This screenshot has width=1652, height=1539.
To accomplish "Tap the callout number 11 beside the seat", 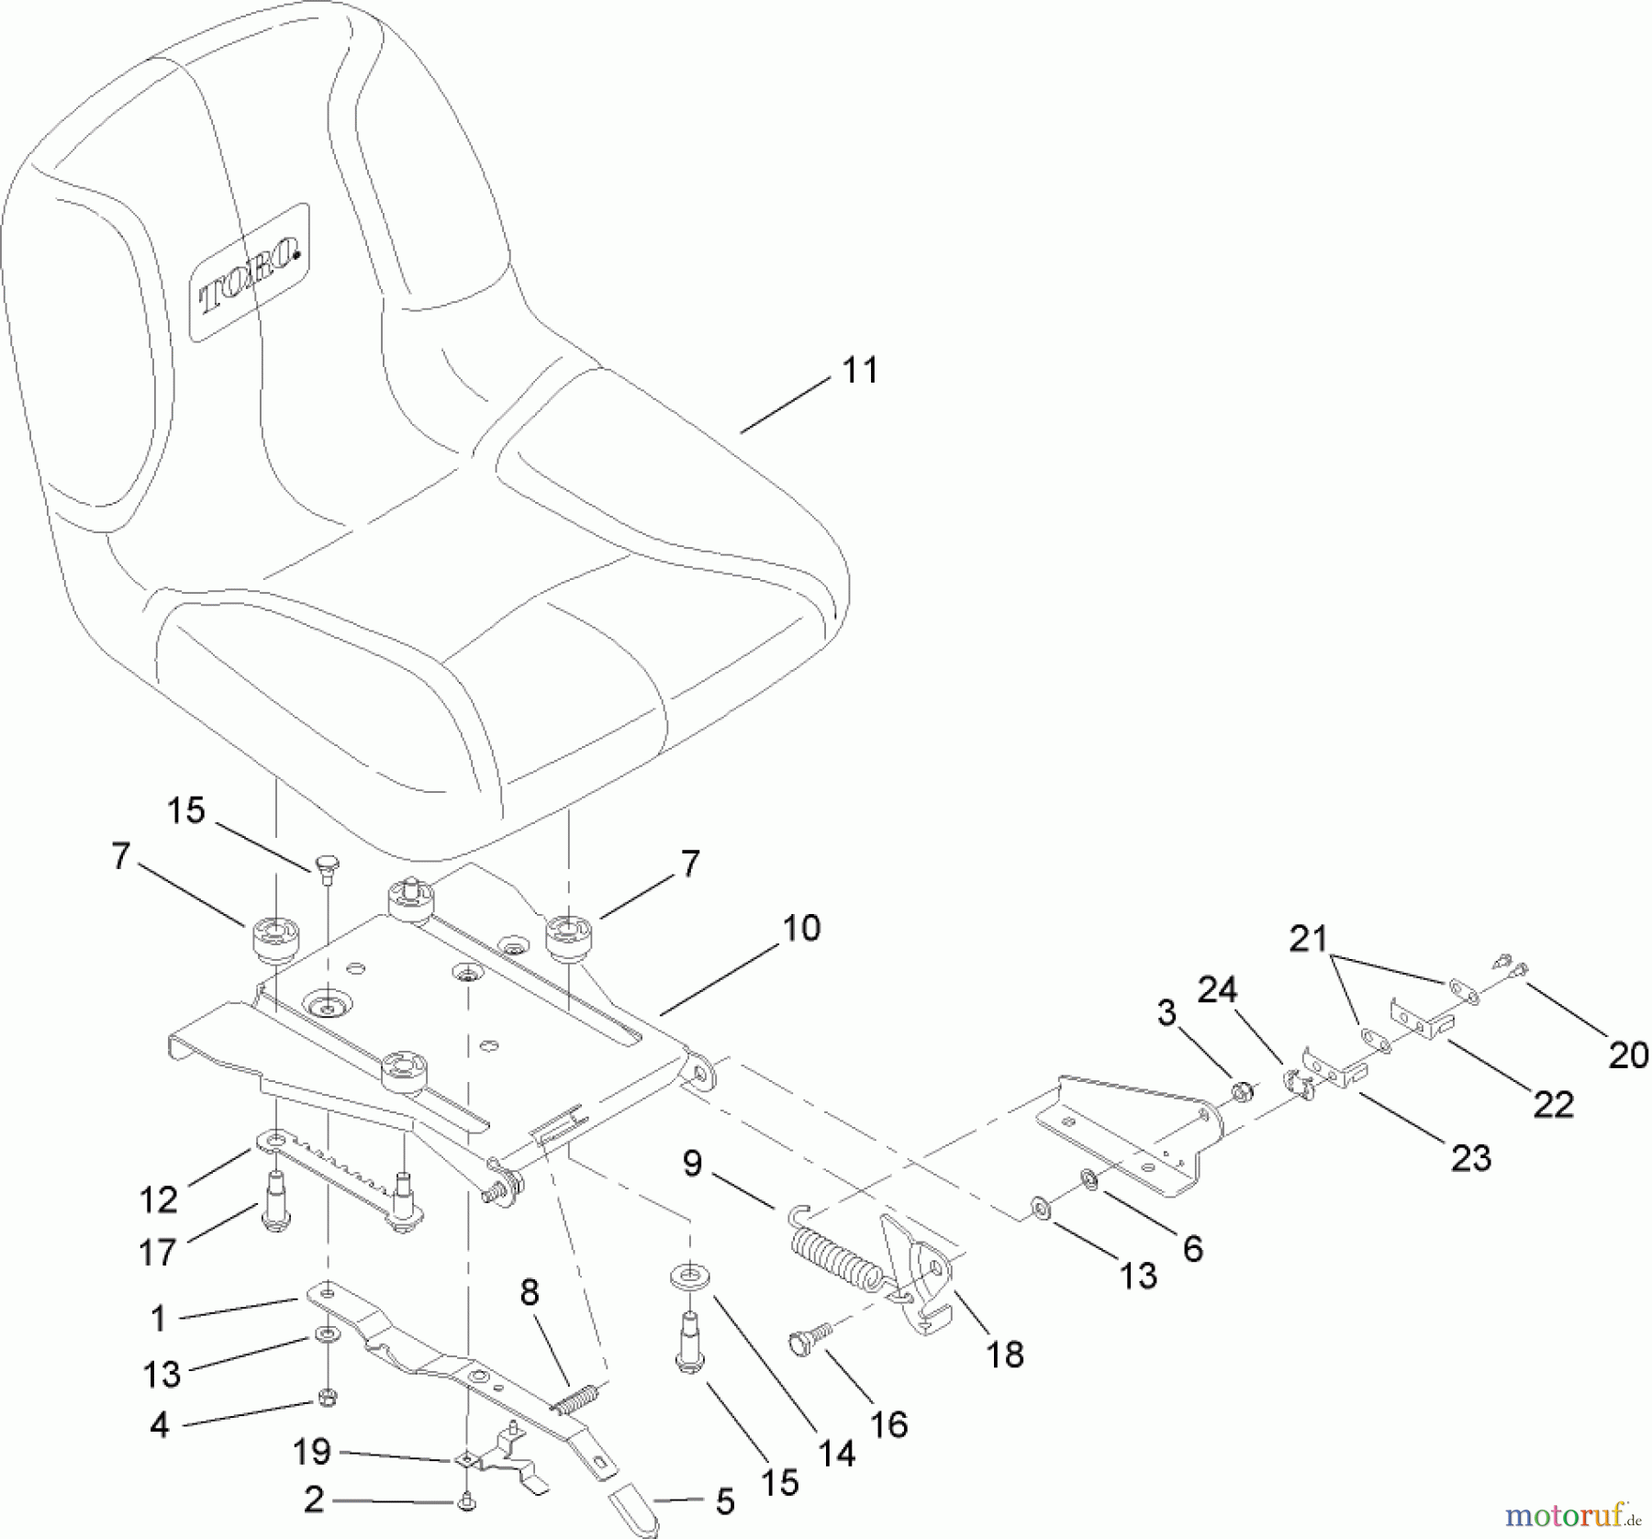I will (x=859, y=371).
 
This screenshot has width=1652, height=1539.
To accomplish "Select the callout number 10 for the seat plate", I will (x=801, y=928).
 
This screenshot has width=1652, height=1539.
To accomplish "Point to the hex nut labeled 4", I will (x=327, y=1397).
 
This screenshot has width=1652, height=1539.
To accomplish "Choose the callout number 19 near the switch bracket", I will (x=311, y=1452).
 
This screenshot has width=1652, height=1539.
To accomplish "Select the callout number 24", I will (x=1217, y=990).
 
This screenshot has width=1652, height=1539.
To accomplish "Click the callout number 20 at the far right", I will (x=1628, y=1055).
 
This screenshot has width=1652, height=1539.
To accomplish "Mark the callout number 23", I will (x=1470, y=1159).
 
